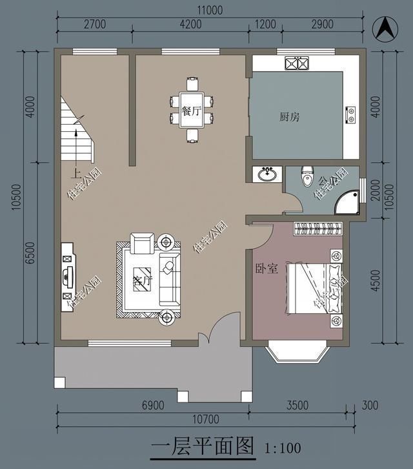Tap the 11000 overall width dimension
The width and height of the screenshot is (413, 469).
[x=210, y=10]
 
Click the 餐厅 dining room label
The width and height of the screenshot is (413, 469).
[x=192, y=110]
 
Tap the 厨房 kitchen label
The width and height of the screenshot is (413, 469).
[x=289, y=117]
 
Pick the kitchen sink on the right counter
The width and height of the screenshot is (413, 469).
[x=351, y=114]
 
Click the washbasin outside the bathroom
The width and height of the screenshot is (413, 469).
[x=267, y=174]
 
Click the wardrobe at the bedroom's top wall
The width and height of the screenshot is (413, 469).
[x=317, y=228]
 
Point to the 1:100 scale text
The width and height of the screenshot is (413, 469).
[x=283, y=447]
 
